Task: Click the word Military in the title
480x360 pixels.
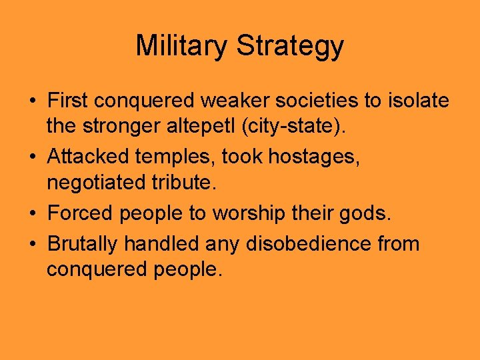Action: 182,46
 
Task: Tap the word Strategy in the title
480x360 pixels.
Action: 290,46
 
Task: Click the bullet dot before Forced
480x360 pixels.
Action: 32,213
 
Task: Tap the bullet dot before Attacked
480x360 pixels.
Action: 32,157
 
